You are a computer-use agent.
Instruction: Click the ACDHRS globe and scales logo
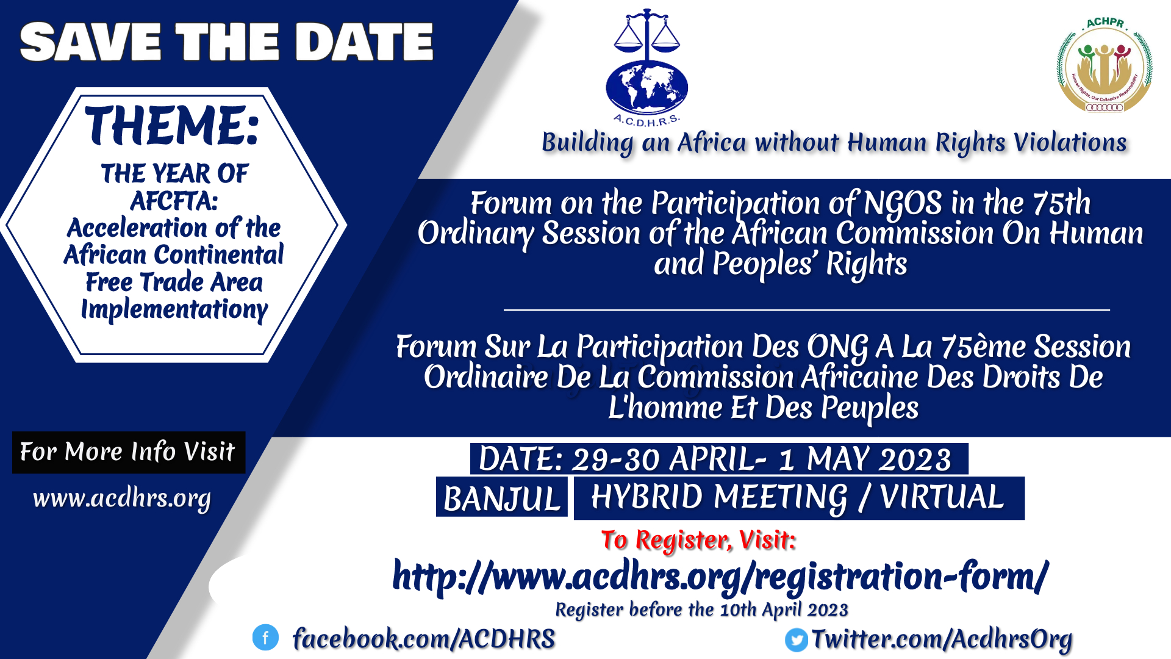coord(646,67)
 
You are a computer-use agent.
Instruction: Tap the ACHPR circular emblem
coord(1105,66)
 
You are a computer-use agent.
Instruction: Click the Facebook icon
coord(265,638)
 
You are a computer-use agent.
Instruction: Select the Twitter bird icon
coord(796,639)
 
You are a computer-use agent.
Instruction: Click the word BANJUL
coord(502,498)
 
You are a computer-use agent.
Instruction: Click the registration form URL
coord(720,577)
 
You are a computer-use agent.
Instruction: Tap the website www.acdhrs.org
coord(122,499)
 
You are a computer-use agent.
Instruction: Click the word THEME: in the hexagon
coord(173,126)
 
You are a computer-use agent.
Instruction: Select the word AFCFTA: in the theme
coord(174,201)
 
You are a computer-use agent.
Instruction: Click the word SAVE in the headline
coord(91,42)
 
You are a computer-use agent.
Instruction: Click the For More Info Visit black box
coord(129,452)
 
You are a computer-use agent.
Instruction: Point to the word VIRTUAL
coord(942,497)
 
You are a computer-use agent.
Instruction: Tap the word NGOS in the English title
coord(903,203)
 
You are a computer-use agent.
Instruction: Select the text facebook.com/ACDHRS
coord(424,639)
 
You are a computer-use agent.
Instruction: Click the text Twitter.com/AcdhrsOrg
coord(942,639)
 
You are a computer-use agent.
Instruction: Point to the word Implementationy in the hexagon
coord(174,310)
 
